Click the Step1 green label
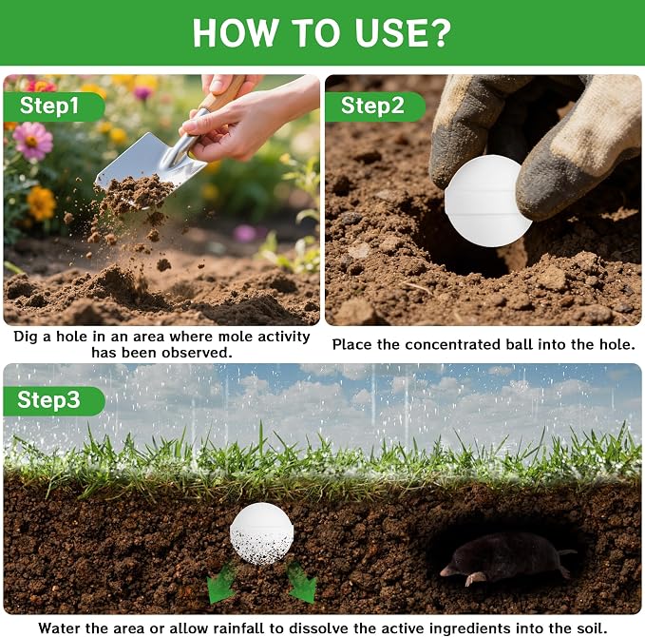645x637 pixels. pyautogui.click(x=53, y=106)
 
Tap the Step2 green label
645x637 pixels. pyautogui.click(x=375, y=106)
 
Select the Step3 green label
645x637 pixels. pyautogui.click(x=54, y=400)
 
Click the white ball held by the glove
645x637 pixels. pyautogui.click(x=487, y=201)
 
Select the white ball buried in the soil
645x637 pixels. pyautogui.click(x=262, y=532)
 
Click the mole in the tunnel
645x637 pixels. pyautogui.click(x=508, y=556)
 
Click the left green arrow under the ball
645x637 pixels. pyautogui.click(x=221, y=585)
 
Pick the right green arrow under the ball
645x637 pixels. pyautogui.click(x=301, y=584)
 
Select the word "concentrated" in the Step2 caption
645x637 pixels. pyautogui.click(x=453, y=345)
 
